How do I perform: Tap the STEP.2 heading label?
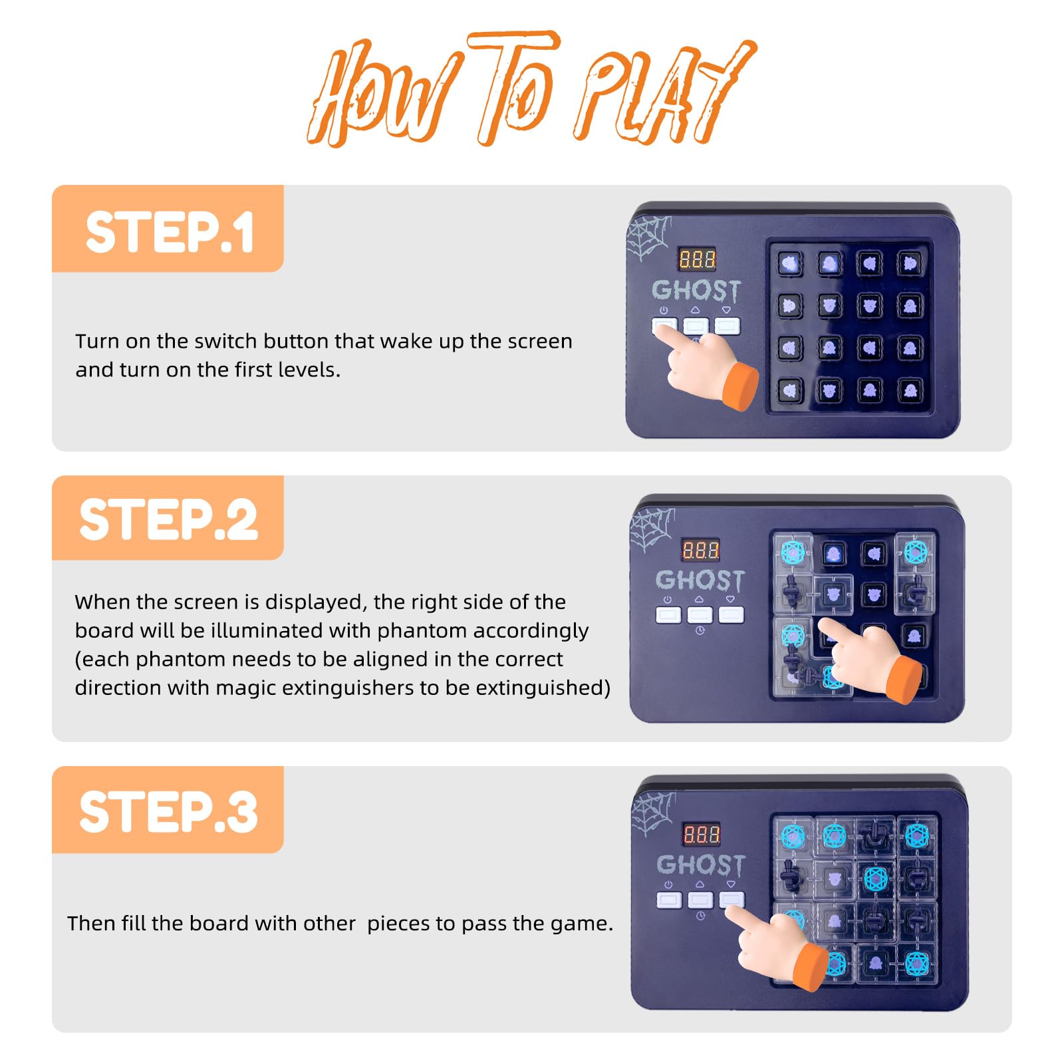pyautogui.click(x=168, y=519)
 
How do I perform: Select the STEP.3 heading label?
pyautogui.click(x=168, y=812)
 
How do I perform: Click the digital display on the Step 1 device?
pyautogui.click(x=697, y=259)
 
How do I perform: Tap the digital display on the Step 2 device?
pyautogui.click(x=701, y=551)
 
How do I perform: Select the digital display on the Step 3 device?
pyautogui.click(x=702, y=835)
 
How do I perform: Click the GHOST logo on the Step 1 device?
pyautogui.click(x=696, y=291)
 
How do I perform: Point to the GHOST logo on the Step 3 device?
pyautogui.click(x=701, y=864)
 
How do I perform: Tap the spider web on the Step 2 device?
pyautogui.click(x=652, y=529)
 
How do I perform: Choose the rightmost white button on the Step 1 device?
pyautogui.click(x=728, y=326)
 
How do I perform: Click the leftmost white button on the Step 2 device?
pyautogui.click(x=668, y=614)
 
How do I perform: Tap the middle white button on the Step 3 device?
pyautogui.click(x=700, y=900)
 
